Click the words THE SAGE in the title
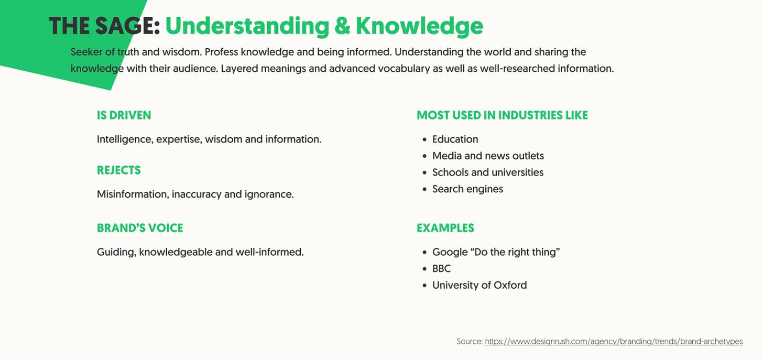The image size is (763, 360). tap(104, 26)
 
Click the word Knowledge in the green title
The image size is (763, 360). tap(419, 26)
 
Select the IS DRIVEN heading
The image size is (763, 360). tap(124, 115)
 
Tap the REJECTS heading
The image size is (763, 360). tap(119, 170)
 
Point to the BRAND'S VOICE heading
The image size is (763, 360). tap(140, 228)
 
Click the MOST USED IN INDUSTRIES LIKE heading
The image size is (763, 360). tap(502, 115)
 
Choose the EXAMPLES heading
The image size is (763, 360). tap(445, 228)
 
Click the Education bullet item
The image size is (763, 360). tap(455, 139)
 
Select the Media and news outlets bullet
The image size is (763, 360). tap(488, 156)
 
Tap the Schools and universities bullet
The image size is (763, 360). tap(487, 172)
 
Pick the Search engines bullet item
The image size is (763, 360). tap(467, 189)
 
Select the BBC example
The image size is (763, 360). tap(441, 269)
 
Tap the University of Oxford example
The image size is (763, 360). tap(479, 286)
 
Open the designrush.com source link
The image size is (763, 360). tap(614, 342)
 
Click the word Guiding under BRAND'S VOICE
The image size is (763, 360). tap(116, 252)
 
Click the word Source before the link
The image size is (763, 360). tap(469, 342)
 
